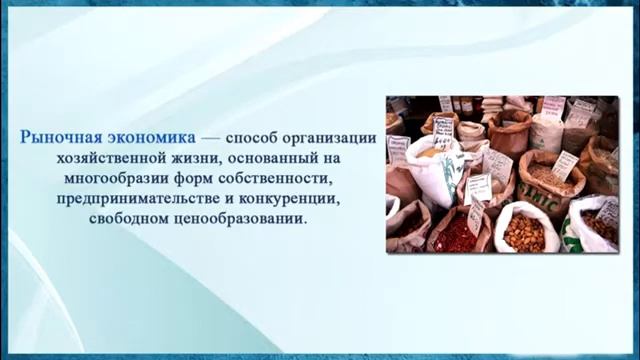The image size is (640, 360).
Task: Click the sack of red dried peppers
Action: pyautogui.click(x=457, y=233)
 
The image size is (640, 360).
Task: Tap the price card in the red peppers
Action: pyautogui.click(x=473, y=213)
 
